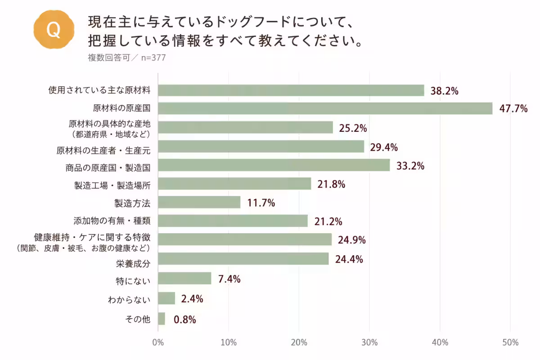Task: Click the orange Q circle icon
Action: pos(54,29)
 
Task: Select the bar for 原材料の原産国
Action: pos(325,108)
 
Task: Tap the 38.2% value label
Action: pos(444,91)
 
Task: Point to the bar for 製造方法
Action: pos(199,202)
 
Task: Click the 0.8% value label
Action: pos(184,319)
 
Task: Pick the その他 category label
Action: pos(138,319)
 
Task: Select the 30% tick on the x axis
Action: pos(369,342)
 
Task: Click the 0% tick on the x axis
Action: pos(158,342)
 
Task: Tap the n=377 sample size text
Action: pos(153,58)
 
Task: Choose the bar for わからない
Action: pos(166,298)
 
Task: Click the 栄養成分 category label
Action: pos(133,264)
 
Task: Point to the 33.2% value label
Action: pos(410,166)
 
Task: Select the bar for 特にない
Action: pos(184,278)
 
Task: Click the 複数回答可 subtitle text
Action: pos(109,58)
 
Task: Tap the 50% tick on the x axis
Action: pos(510,342)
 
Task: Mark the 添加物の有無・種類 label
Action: pos(112,220)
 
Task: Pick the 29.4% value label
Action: pos(384,147)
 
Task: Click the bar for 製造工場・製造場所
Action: pos(234,184)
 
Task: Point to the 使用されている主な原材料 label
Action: pos(99,90)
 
